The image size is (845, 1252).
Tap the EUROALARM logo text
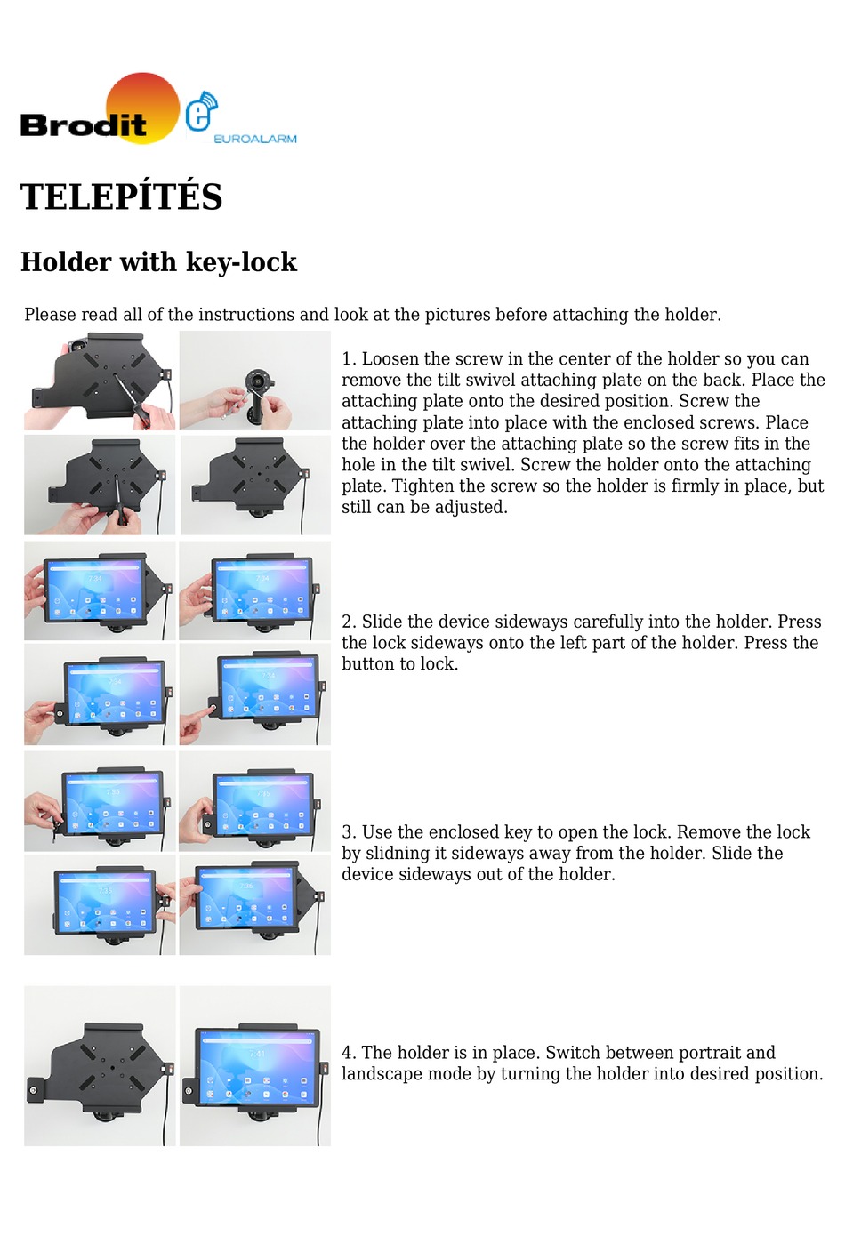[x=254, y=139]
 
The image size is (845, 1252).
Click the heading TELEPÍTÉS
[x=121, y=197]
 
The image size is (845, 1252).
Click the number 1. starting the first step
[x=349, y=359]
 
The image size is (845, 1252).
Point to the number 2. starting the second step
[x=349, y=622]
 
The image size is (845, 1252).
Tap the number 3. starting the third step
[x=349, y=832]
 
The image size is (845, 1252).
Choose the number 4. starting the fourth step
[x=349, y=1053]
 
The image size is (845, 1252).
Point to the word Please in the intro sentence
[x=50, y=315]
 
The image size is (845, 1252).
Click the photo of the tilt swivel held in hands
[x=255, y=381]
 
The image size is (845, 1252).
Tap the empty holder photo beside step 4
[x=100, y=1065]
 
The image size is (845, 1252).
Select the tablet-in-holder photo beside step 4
[x=255, y=1065]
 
